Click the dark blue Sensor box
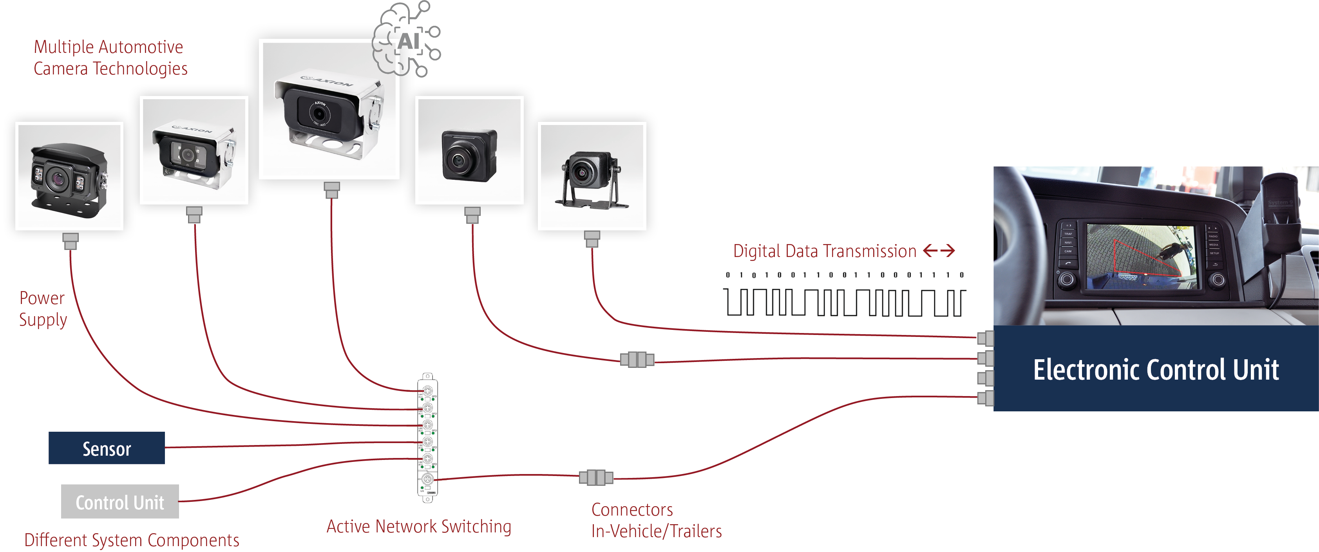click(107, 448)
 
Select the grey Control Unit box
click(120, 502)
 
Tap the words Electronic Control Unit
click(1156, 370)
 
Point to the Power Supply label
click(43, 309)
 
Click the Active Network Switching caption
click(418, 527)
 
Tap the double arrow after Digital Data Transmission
click(939, 251)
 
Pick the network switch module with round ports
click(427, 438)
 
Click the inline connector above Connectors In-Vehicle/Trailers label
click(596, 478)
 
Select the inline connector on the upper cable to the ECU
click(637, 360)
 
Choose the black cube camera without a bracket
click(469, 156)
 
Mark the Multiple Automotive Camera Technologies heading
click(110, 57)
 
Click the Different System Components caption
click(132, 540)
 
